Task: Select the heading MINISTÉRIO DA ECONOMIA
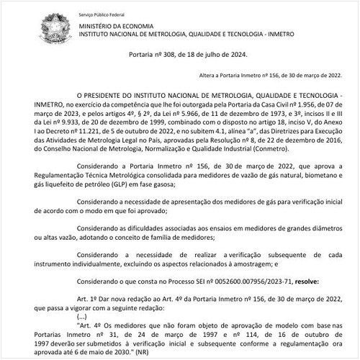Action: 113,27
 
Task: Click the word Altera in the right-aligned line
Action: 207,76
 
